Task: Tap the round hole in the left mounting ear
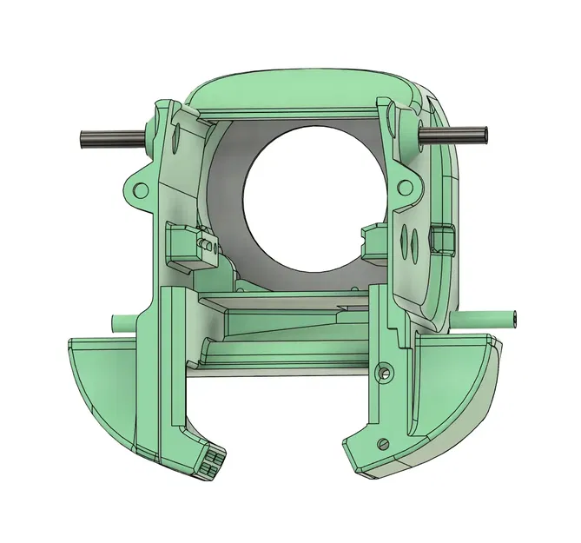137,188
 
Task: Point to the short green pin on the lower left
123,322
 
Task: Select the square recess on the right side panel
442,237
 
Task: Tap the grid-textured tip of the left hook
212,460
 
